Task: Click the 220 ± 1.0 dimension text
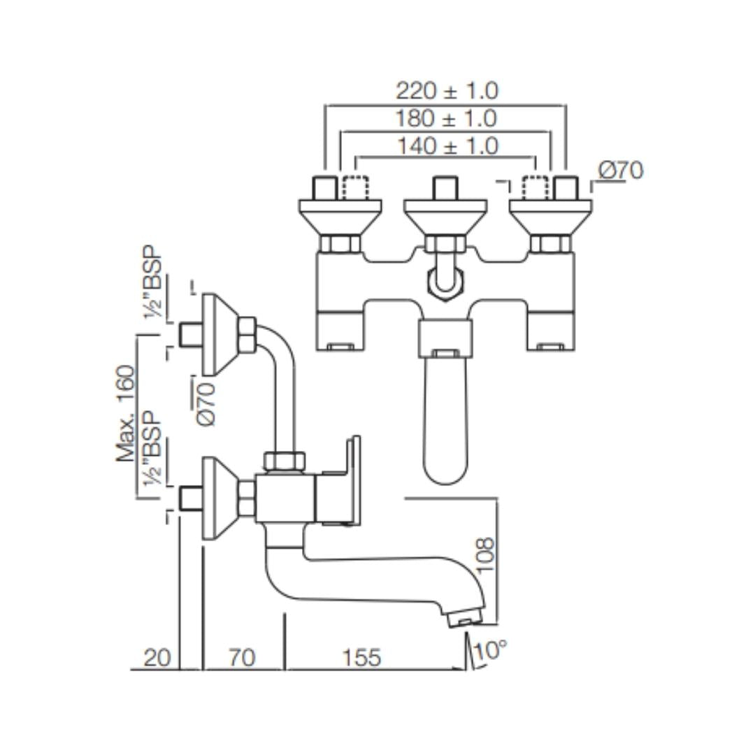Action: click(x=447, y=91)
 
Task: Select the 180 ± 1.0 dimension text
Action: click(x=447, y=118)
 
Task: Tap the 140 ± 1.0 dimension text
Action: click(x=447, y=146)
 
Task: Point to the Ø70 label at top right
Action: click(x=621, y=171)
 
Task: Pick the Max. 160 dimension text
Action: click(x=127, y=413)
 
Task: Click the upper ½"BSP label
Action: click(x=153, y=282)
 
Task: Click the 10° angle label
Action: click(x=489, y=651)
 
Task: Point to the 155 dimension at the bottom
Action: click(x=362, y=658)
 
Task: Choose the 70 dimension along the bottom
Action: click(x=242, y=658)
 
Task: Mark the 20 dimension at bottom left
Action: click(x=157, y=658)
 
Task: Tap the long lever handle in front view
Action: click(x=446, y=419)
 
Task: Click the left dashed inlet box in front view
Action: click(x=355, y=187)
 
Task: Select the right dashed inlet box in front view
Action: click(x=535, y=187)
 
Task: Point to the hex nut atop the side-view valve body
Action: click(x=284, y=461)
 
